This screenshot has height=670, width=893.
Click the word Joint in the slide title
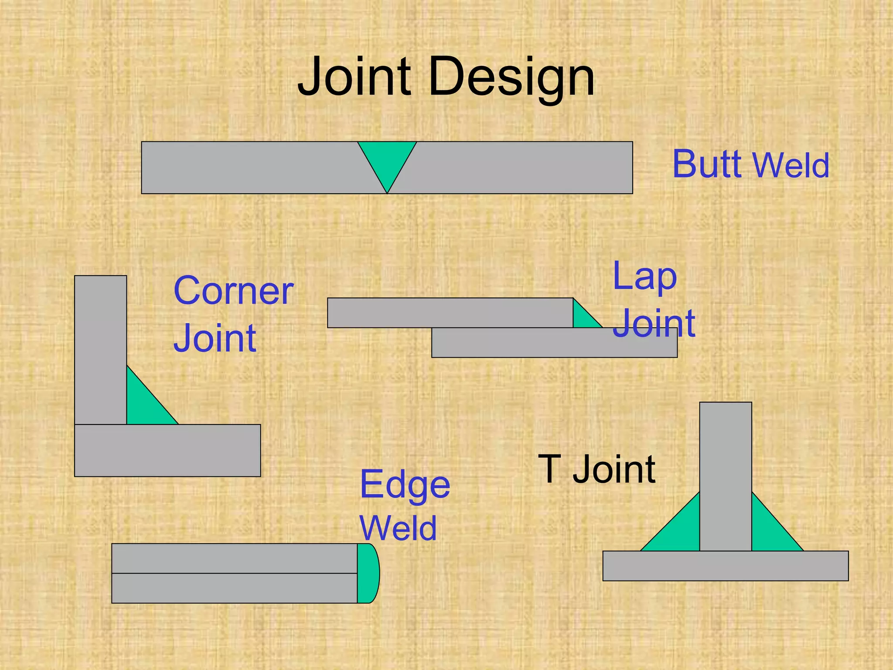[354, 78]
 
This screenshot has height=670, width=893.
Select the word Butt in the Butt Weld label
[707, 164]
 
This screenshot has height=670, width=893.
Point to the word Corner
[233, 291]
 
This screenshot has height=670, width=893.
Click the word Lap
[644, 277]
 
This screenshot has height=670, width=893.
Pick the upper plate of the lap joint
[449, 313]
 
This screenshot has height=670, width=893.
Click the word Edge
[405, 485]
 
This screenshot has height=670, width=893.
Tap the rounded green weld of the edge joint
[368, 573]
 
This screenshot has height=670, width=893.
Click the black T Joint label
[596, 469]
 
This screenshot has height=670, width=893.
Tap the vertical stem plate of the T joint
[726, 475]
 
